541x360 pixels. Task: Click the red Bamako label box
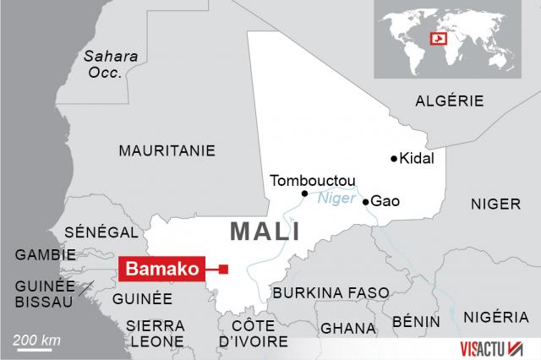(164, 270)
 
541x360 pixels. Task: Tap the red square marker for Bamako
(223, 270)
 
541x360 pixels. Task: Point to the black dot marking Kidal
(393, 159)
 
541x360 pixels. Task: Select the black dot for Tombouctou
(304, 194)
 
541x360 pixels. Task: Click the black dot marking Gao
(365, 202)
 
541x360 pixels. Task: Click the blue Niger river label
(335, 200)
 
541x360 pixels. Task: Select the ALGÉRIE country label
(450, 101)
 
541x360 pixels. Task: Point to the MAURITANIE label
(167, 150)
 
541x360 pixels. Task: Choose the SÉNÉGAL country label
(101, 232)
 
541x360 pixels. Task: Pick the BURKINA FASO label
(331, 292)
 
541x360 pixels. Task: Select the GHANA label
(348, 328)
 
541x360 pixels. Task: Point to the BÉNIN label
(416, 322)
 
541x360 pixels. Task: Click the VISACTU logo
(495, 348)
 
